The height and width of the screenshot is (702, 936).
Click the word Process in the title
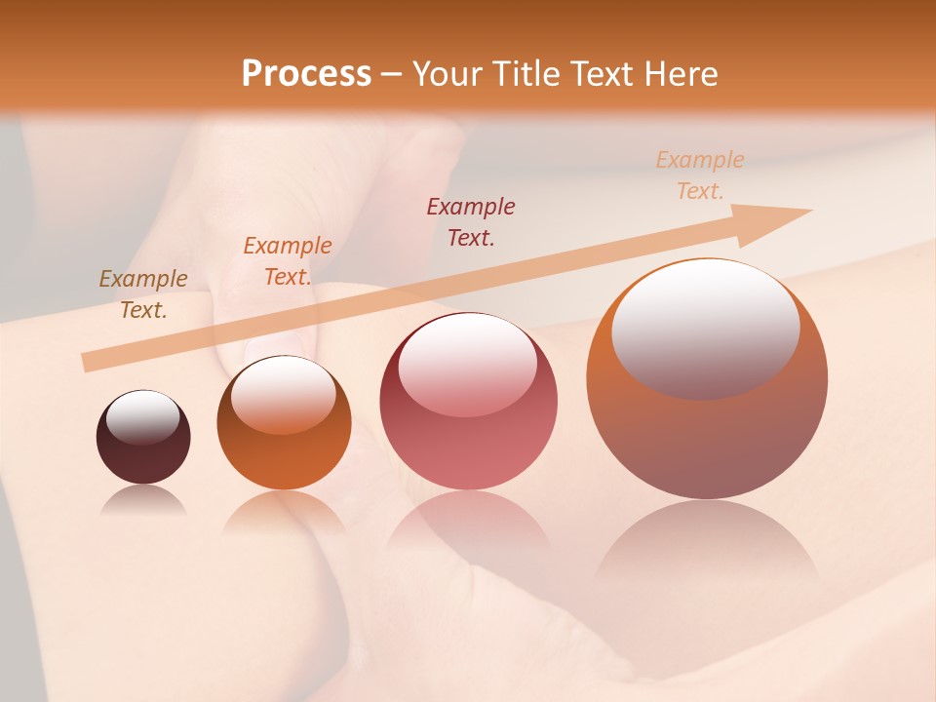[306, 74]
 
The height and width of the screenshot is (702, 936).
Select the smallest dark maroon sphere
[143, 458]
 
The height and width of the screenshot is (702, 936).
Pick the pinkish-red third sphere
[468, 448]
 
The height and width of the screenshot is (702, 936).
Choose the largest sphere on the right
[707, 429]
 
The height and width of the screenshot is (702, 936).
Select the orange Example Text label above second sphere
[288, 261]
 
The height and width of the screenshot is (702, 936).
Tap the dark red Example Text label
[471, 221]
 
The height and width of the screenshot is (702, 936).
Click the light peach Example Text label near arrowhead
[700, 175]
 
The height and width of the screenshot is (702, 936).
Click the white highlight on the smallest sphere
[143, 417]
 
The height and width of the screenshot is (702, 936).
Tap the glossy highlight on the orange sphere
[283, 393]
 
